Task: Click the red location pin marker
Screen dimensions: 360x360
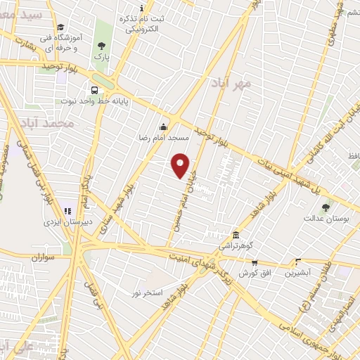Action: pos(181,165)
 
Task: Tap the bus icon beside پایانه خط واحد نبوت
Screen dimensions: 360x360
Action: pos(93,90)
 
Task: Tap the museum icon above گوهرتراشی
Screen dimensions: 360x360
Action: pos(236,235)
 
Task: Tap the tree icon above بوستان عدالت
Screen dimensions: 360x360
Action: pos(325,207)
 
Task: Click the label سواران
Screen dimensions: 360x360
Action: pos(42,258)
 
